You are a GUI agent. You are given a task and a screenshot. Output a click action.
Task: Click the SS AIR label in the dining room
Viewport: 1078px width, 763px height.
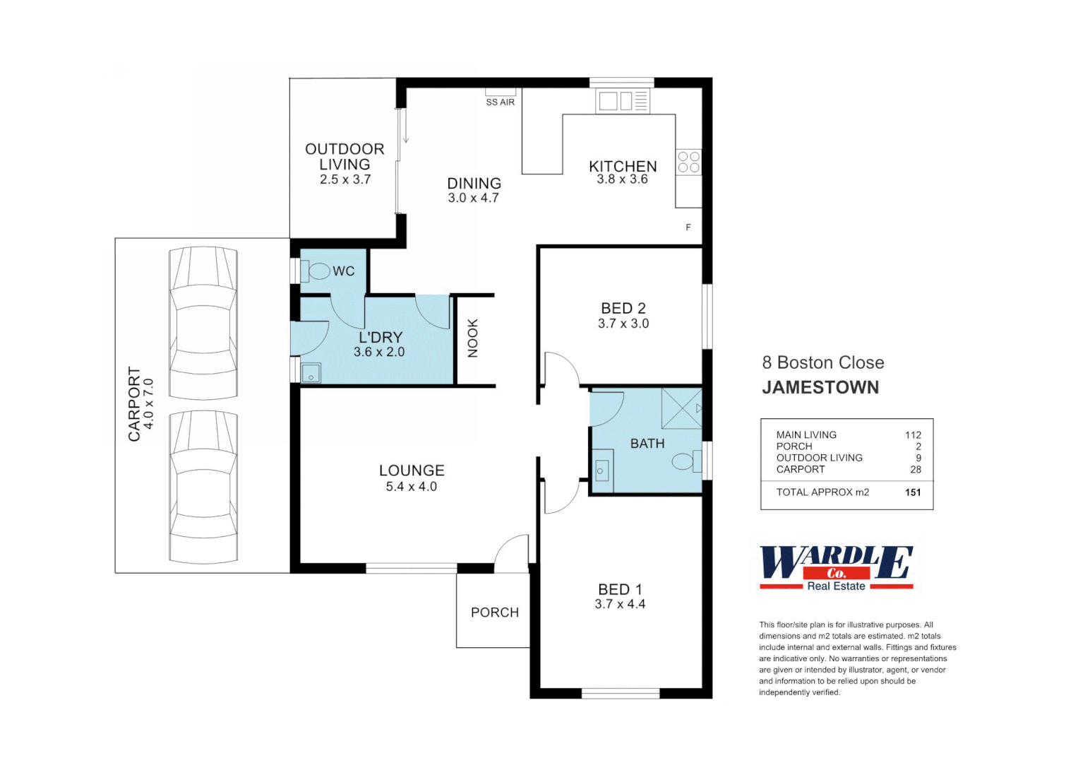500,102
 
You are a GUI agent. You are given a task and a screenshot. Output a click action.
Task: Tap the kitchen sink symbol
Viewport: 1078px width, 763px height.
622,101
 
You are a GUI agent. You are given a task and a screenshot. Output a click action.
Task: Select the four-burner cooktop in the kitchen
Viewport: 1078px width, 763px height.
688,162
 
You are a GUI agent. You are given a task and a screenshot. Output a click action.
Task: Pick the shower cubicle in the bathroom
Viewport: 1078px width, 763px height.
681,408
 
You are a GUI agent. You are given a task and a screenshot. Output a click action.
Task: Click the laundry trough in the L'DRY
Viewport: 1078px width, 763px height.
311,373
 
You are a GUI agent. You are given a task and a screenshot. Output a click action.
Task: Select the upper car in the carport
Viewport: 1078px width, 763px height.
203,323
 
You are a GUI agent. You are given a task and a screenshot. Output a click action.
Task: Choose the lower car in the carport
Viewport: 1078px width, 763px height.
203,487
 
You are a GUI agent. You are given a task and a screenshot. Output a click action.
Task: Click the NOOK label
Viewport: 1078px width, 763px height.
473,338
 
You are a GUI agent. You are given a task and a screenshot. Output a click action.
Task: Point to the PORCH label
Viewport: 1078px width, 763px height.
494,613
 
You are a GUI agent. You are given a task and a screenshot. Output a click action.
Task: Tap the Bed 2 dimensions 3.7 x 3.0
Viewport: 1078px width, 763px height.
623,324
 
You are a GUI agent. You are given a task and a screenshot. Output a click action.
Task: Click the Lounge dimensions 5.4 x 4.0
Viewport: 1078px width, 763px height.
411,487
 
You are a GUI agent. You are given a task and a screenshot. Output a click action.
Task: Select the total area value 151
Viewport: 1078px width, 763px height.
913,492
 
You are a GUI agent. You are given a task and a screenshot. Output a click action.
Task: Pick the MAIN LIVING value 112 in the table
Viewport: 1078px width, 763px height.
913,435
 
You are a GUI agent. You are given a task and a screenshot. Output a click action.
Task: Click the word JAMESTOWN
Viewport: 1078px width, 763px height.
820,387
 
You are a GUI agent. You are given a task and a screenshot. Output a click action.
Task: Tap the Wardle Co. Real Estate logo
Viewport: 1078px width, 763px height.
836,567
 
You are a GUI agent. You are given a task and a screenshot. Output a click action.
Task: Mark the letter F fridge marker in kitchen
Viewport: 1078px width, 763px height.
688,227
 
